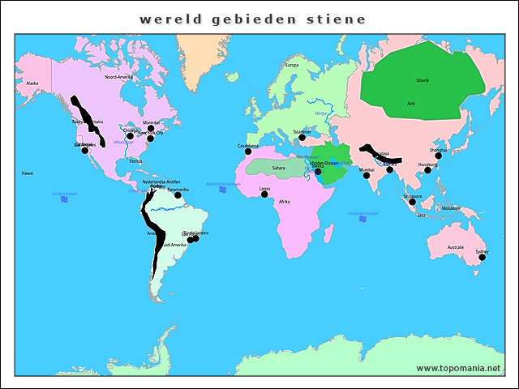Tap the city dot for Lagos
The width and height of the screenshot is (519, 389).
(x=264, y=194)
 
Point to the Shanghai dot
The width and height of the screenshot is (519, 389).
(x=439, y=156)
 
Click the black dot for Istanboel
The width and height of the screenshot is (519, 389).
(x=302, y=137)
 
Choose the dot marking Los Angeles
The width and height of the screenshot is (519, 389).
(x=84, y=151)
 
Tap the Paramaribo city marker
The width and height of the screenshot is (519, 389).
(x=178, y=195)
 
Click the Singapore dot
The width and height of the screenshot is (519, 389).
(x=412, y=201)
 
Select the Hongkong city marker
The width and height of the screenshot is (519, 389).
(x=427, y=170)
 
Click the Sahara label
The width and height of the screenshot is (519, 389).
(x=278, y=169)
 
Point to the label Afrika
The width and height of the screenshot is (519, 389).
(x=284, y=201)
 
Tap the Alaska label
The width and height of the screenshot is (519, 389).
(x=32, y=83)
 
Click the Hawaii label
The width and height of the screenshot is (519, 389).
(x=28, y=173)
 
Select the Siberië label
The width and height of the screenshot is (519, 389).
(x=422, y=81)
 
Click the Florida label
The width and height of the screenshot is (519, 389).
(x=135, y=161)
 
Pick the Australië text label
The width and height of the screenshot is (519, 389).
(x=456, y=247)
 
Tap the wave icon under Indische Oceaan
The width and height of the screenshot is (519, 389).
(x=362, y=221)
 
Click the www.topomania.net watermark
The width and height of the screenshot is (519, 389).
(x=458, y=368)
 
